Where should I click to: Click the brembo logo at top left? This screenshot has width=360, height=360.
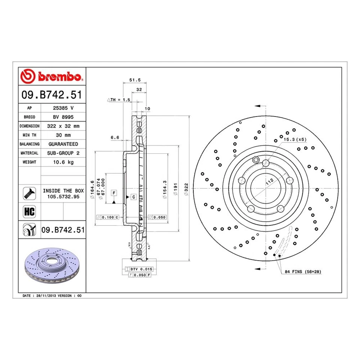pos(52,76)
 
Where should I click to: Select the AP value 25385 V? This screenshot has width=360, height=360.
pos(63,108)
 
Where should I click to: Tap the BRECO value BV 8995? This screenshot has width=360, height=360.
pos(63,117)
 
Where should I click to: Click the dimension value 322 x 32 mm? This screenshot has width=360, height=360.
pos(63,126)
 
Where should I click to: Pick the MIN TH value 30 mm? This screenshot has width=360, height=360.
pos(63,135)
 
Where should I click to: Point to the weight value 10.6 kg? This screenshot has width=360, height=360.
pos(63,162)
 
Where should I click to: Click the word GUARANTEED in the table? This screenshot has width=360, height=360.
pos(63,144)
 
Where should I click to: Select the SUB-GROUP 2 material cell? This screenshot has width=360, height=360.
pos(63,153)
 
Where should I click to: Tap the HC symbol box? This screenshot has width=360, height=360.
pos(29,211)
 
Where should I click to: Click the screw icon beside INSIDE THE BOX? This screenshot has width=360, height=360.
pos(29,193)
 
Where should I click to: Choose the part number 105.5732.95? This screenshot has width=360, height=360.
pos(63,196)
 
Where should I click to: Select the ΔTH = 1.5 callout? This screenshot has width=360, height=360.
pos(118,100)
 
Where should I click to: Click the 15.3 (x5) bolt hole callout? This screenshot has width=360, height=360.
pos(295,139)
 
